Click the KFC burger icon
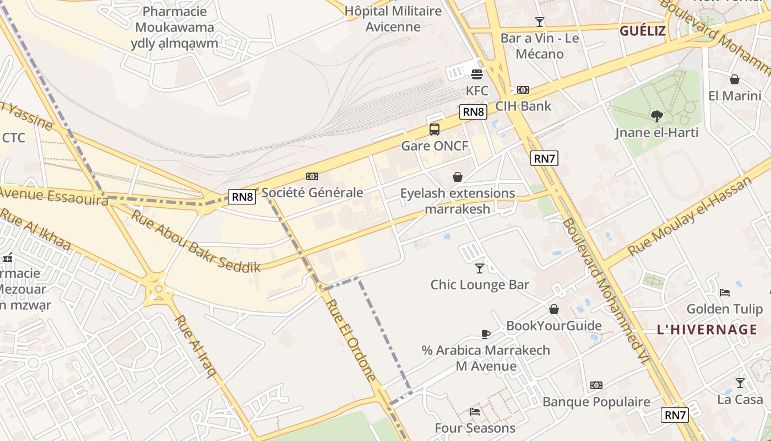click(x=477, y=74)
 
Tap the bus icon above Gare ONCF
click(x=435, y=130)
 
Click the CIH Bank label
click(x=523, y=106)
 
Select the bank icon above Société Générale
click(x=312, y=176)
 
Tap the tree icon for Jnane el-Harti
click(x=656, y=116)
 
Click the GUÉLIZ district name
click(x=643, y=31)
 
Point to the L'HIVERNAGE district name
click(x=707, y=330)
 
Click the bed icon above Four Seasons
click(x=475, y=411)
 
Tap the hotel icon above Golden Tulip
click(x=725, y=292)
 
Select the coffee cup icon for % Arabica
click(x=485, y=334)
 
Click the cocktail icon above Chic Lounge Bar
click(x=480, y=268)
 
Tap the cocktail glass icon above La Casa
click(x=740, y=383)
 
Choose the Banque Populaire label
click(x=596, y=402)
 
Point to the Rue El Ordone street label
click(x=351, y=340)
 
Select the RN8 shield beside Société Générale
click(x=242, y=197)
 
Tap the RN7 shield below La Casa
click(x=675, y=415)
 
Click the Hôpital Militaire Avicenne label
click(x=393, y=19)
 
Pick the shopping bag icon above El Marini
click(x=734, y=79)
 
